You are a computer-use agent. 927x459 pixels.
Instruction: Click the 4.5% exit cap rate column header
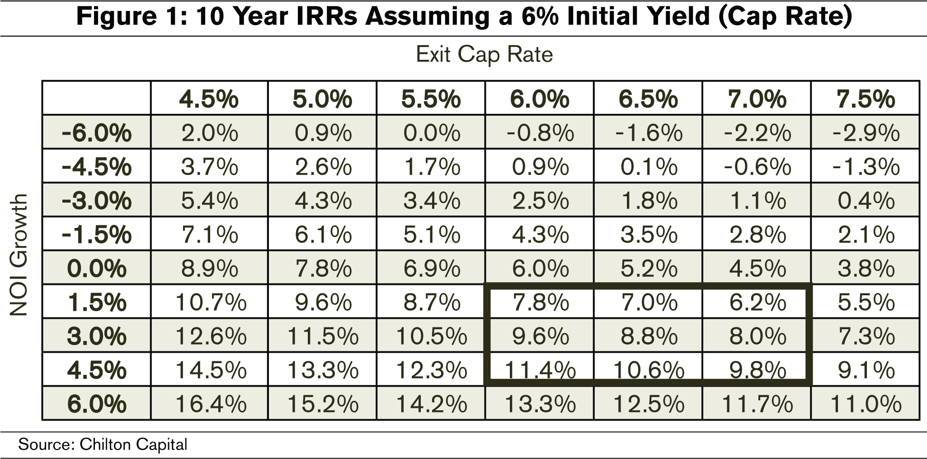(x=209, y=99)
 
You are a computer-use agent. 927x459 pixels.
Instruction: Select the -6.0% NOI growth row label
(x=97, y=133)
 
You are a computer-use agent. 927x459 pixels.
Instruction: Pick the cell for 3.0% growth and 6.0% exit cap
(x=540, y=336)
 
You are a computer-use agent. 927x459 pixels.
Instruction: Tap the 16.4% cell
(x=211, y=404)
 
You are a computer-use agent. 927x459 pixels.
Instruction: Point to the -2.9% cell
(x=866, y=133)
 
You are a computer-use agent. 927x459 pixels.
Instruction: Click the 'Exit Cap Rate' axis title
(x=484, y=55)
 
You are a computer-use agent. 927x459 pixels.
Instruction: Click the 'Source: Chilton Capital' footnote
(x=103, y=445)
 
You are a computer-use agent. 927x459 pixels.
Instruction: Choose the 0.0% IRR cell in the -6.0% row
(x=431, y=133)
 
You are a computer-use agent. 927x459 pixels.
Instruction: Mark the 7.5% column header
(x=866, y=99)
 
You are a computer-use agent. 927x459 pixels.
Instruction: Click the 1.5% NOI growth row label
(x=97, y=303)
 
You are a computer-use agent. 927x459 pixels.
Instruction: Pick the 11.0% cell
(x=866, y=404)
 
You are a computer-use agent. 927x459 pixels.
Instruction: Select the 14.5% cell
(x=211, y=370)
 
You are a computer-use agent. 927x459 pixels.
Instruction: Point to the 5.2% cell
(x=649, y=269)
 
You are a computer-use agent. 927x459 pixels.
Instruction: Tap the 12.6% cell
(x=211, y=336)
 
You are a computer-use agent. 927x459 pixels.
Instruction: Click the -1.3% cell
(x=866, y=167)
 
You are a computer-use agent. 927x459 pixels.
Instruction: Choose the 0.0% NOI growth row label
(x=97, y=269)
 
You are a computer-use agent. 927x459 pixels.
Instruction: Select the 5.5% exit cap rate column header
(x=431, y=99)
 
